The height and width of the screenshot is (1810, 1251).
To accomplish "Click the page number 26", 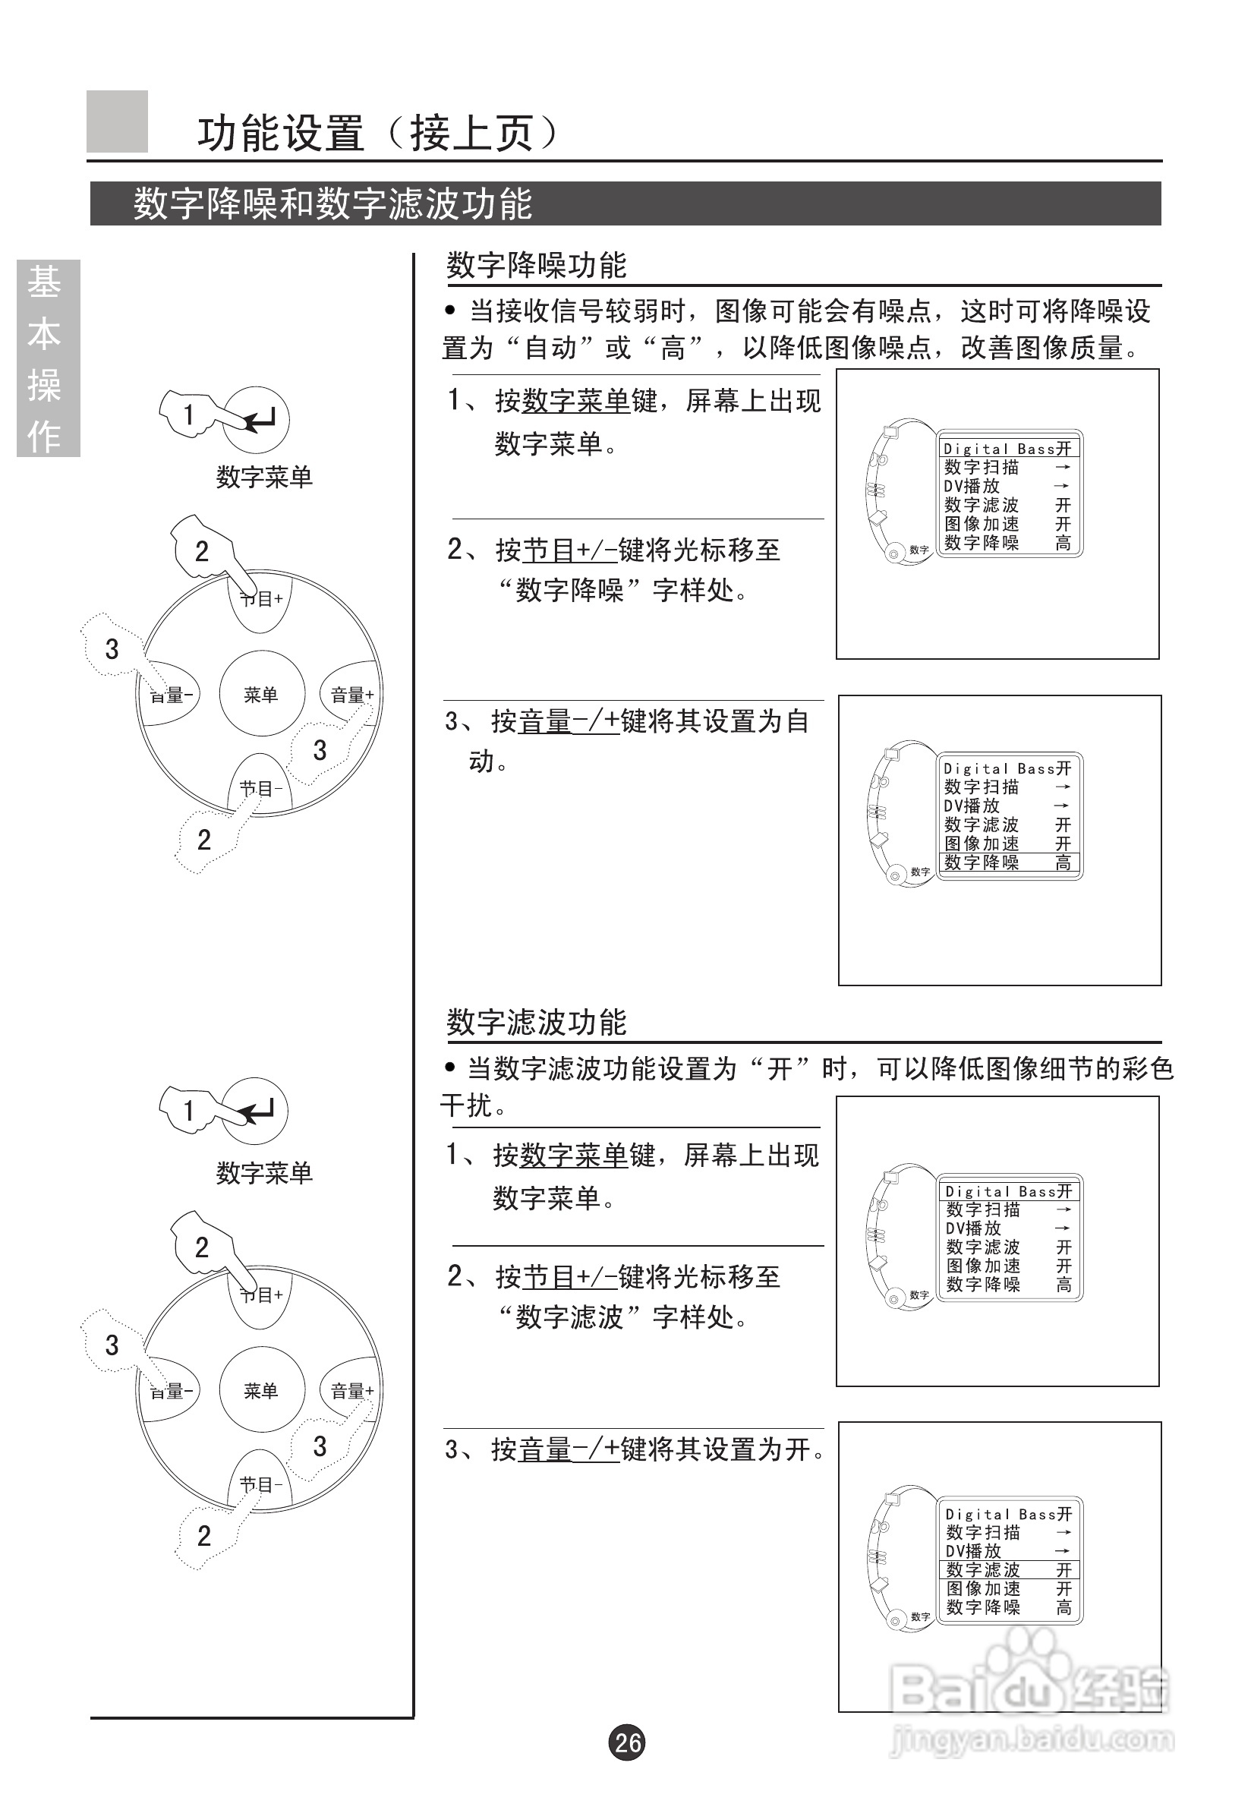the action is tap(627, 1742).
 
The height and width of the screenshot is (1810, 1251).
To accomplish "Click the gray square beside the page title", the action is tap(117, 121).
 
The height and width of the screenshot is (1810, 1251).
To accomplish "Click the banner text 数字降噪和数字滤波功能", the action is tap(332, 203).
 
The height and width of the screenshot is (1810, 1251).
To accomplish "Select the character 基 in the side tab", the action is tap(44, 283).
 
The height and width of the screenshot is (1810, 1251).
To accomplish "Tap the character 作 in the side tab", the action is tap(44, 436).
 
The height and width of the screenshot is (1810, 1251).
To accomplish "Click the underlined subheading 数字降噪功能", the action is tap(536, 265).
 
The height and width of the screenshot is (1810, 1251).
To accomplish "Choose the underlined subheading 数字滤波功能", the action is tap(536, 1022).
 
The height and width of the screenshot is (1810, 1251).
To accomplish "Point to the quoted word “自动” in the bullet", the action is tap(550, 347).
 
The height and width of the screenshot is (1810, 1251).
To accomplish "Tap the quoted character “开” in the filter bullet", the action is tap(779, 1068).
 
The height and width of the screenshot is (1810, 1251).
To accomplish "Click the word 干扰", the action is tap(467, 1105).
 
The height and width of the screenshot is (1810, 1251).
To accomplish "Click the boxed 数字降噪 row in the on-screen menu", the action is tap(1008, 862).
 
